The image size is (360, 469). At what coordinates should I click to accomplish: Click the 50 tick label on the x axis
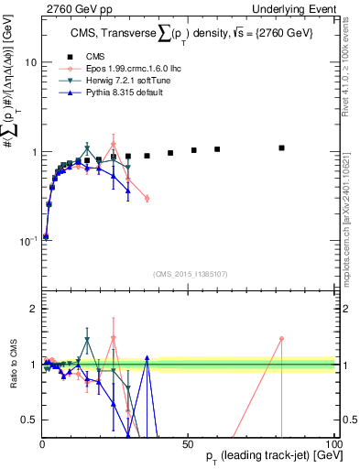pyautogui.click(x=188, y=443)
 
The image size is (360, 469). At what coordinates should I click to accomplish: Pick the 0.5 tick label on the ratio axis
pyautogui.click(x=27, y=420)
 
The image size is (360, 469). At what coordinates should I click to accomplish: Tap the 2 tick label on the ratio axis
pyautogui.click(x=32, y=309)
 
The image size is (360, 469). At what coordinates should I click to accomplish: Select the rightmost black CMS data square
pyautogui.click(x=282, y=147)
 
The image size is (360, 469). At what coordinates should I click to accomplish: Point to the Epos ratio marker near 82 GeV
pyautogui.click(x=282, y=338)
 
